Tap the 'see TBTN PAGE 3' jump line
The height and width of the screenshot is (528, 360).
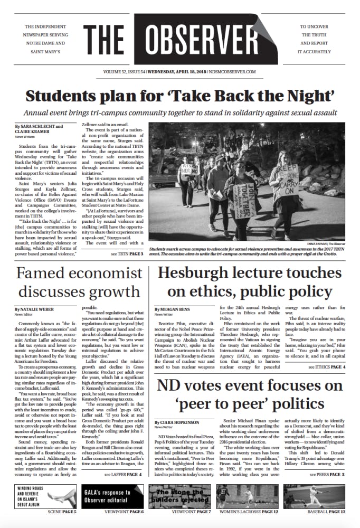pos(127,254)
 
